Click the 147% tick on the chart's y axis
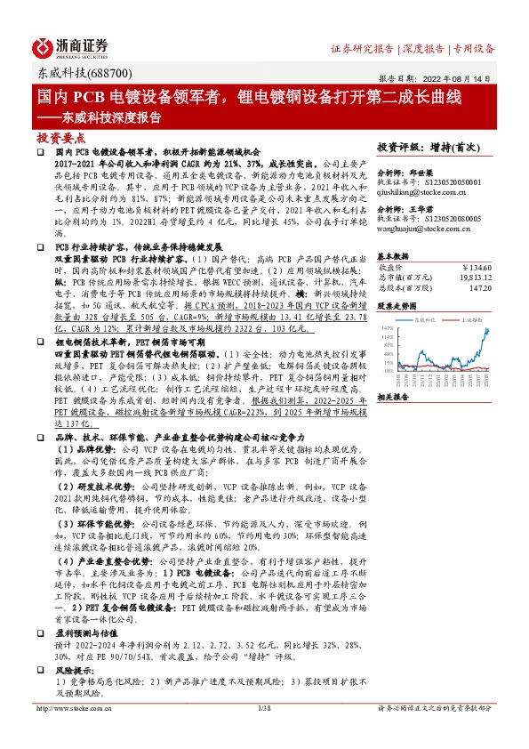click(x=387, y=326)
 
